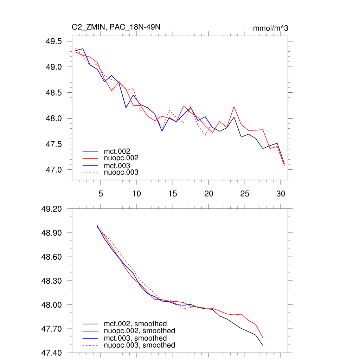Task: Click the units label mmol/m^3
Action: coord(270,28)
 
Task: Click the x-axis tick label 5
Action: coord(101,194)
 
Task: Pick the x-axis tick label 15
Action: coord(173,194)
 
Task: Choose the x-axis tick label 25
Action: coord(244,194)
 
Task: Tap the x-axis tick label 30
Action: coord(281,194)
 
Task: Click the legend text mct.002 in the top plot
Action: coord(120,152)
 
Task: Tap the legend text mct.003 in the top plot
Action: coord(120,166)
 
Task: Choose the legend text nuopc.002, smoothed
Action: coord(139,331)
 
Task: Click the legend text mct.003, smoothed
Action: coord(135,338)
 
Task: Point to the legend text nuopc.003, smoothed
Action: coord(139,345)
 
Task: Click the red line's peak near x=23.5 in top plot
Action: coord(234,107)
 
